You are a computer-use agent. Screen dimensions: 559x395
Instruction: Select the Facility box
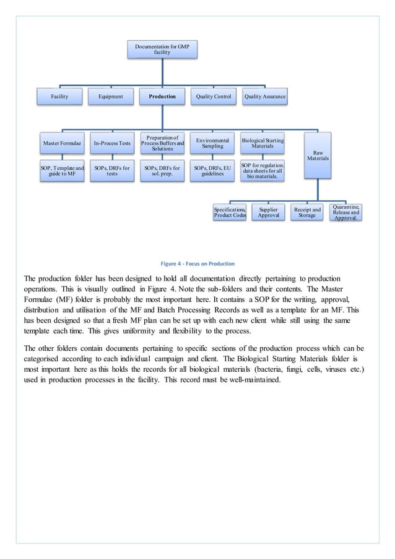tap(59, 96)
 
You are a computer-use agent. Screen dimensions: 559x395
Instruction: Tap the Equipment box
tap(111, 96)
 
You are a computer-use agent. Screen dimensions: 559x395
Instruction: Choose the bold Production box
tap(162, 96)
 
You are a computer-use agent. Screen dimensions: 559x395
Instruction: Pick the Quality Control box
tap(213, 96)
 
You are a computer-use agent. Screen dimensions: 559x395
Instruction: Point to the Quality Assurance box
tap(264, 96)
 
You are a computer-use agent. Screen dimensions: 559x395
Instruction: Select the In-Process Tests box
tap(112, 143)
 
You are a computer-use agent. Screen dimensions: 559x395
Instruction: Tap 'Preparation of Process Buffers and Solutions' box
tap(162, 143)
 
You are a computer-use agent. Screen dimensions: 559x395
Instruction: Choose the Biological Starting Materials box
tap(263, 143)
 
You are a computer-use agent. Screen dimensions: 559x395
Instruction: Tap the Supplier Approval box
tap(269, 212)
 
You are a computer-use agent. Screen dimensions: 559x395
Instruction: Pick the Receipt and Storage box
tap(308, 212)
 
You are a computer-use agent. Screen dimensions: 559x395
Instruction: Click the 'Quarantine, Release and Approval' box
tap(345, 212)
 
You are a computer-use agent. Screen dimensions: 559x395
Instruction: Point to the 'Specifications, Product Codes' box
tap(230, 212)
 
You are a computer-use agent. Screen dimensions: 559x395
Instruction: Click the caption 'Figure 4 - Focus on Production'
tap(197, 263)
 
